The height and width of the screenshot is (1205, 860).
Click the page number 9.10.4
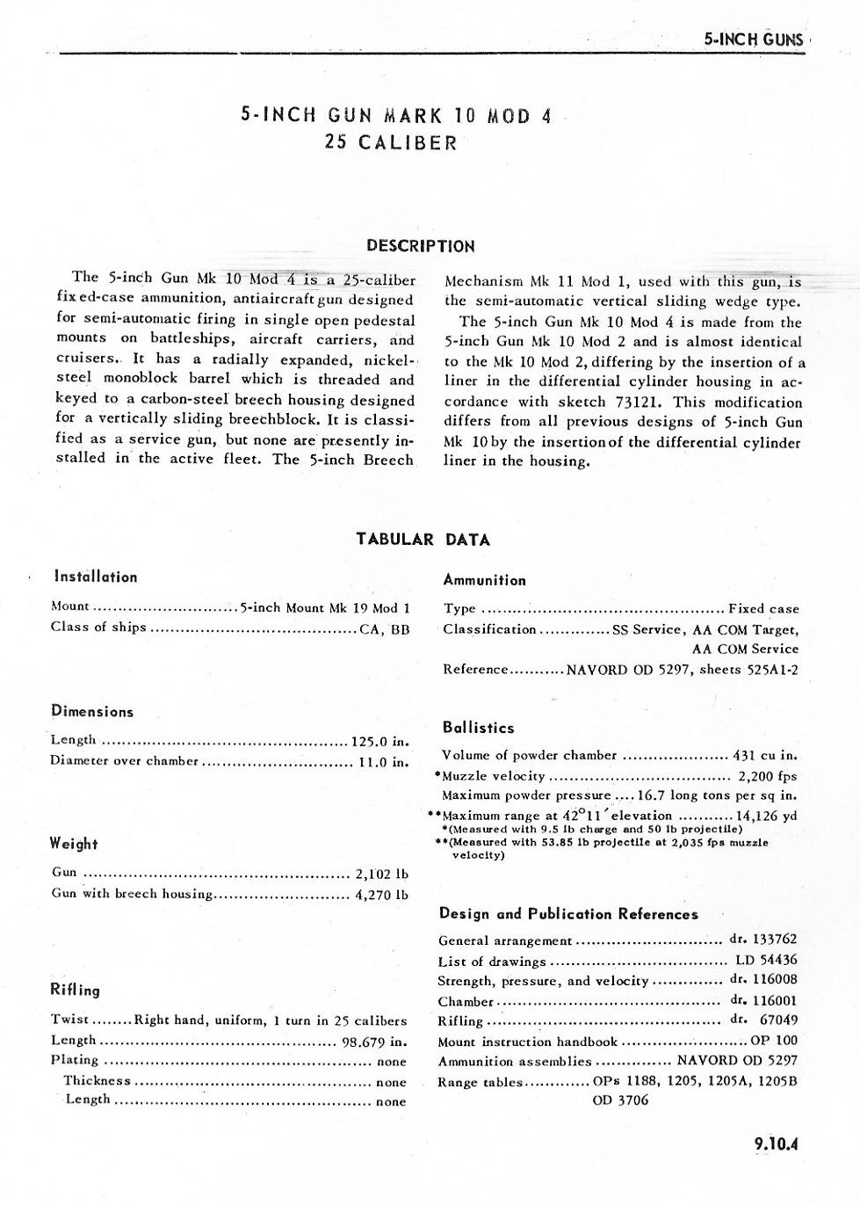778,1144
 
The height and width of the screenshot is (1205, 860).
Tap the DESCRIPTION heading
420,246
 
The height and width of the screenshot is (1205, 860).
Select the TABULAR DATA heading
423,540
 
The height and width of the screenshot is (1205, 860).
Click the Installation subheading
96,577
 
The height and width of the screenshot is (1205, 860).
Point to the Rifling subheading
76,990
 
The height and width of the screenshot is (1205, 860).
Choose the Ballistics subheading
479,728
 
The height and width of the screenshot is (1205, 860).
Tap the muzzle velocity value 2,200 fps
767,777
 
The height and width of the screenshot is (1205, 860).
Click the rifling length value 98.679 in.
374,1042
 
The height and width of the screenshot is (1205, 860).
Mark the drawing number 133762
775,939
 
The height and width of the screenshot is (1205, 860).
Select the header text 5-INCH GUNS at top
754,40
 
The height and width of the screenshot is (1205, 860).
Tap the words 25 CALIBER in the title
391,142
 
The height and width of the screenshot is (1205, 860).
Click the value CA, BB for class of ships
385,628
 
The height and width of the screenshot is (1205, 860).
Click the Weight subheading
74,845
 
